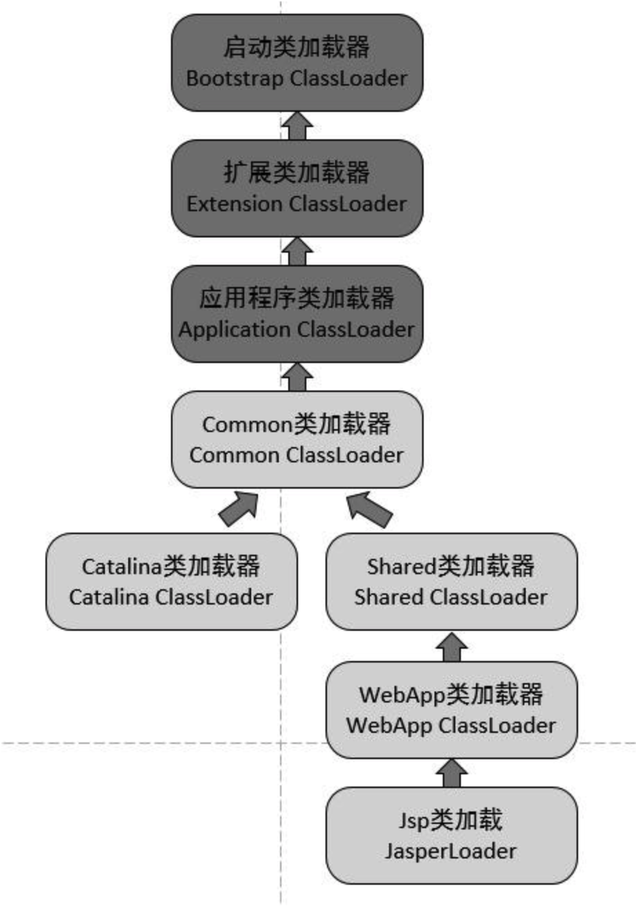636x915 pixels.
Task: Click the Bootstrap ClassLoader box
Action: (297, 63)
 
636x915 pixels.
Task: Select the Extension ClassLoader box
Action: (297, 188)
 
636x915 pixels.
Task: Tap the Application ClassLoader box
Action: (297, 314)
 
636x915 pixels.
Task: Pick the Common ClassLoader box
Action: (297, 440)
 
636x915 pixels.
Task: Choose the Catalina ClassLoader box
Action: (171, 582)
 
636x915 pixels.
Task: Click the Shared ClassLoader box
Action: (451, 582)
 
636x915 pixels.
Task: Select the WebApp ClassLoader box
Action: (451, 710)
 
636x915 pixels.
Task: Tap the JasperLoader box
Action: (451, 836)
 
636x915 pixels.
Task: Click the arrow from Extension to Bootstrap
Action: (297, 126)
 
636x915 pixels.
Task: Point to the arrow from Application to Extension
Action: (297, 252)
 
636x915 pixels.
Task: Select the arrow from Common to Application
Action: (297, 377)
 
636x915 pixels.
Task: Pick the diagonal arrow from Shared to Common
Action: (368, 509)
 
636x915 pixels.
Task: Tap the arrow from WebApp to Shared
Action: (451, 647)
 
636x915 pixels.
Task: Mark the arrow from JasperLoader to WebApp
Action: (451, 773)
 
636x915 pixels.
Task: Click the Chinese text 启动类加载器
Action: (297, 47)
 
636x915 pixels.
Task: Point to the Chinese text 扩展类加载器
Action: (297, 173)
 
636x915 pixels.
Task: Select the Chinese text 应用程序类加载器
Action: (297, 298)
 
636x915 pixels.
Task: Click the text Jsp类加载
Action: (451, 820)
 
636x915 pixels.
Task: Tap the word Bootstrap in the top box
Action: (235, 79)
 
